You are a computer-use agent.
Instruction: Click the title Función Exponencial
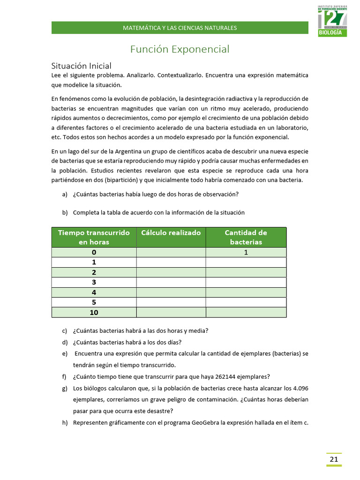pos(180,49)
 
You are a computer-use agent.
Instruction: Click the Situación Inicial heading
pos(81,66)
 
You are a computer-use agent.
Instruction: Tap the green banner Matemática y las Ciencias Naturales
pos(180,28)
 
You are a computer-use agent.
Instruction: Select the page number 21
pos(334,459)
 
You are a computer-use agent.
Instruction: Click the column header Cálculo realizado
pos(171,233)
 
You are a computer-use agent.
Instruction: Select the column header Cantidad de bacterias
pos(246,237)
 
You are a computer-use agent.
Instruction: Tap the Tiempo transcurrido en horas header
pos(94,237)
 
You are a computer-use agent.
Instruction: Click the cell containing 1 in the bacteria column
pos(246,252)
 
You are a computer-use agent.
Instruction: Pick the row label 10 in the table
pos(94,313)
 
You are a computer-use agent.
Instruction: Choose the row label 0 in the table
pos(94,252)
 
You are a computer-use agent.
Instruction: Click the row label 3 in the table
pos(94,282)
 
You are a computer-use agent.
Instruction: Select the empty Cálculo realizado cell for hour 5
pos(171,302)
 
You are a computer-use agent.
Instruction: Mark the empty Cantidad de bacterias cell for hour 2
pos(246,272)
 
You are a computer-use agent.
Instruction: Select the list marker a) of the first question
pos(65,195)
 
